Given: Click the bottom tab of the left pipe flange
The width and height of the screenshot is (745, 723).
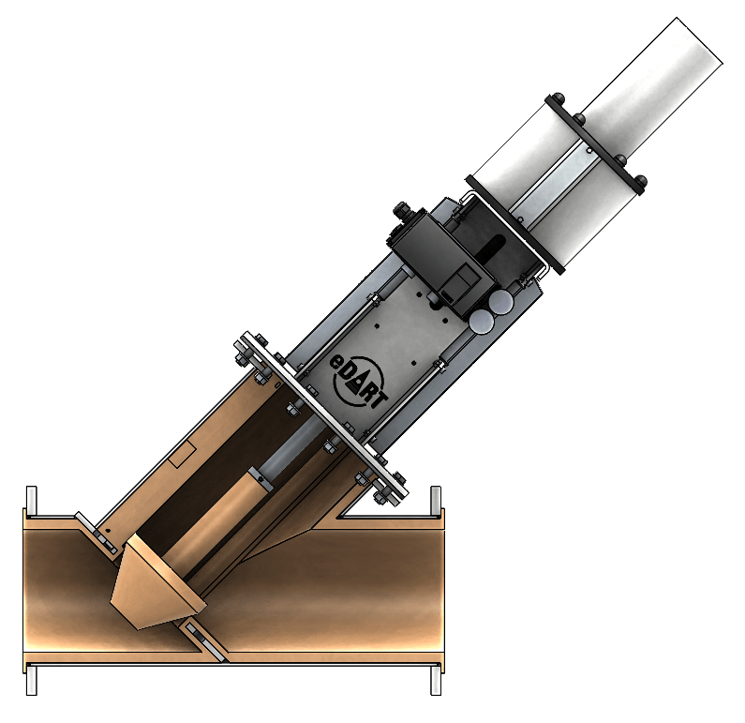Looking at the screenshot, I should pyautogui.click(x=31, y=680).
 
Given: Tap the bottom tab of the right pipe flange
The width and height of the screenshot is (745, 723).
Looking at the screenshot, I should pyautogui.click(x=436, y=680).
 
